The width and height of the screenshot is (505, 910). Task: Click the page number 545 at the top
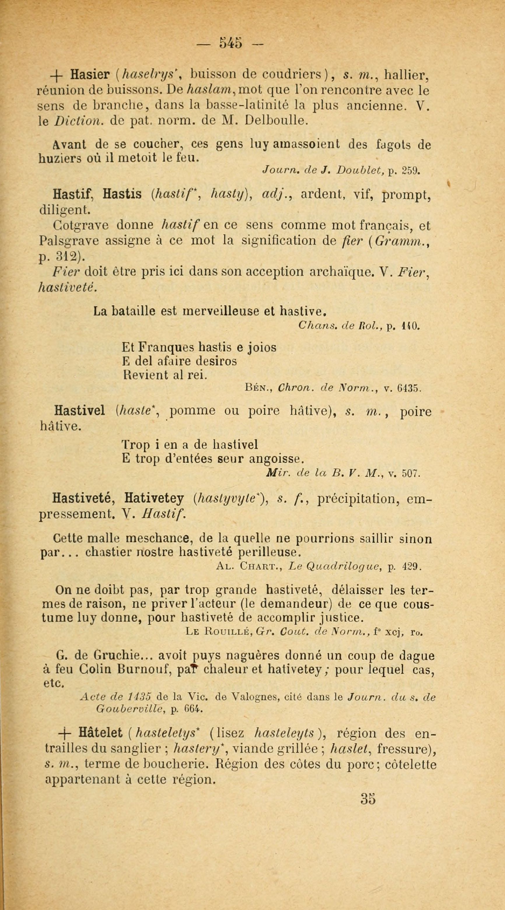230,43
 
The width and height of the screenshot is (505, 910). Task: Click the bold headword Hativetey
154,499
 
